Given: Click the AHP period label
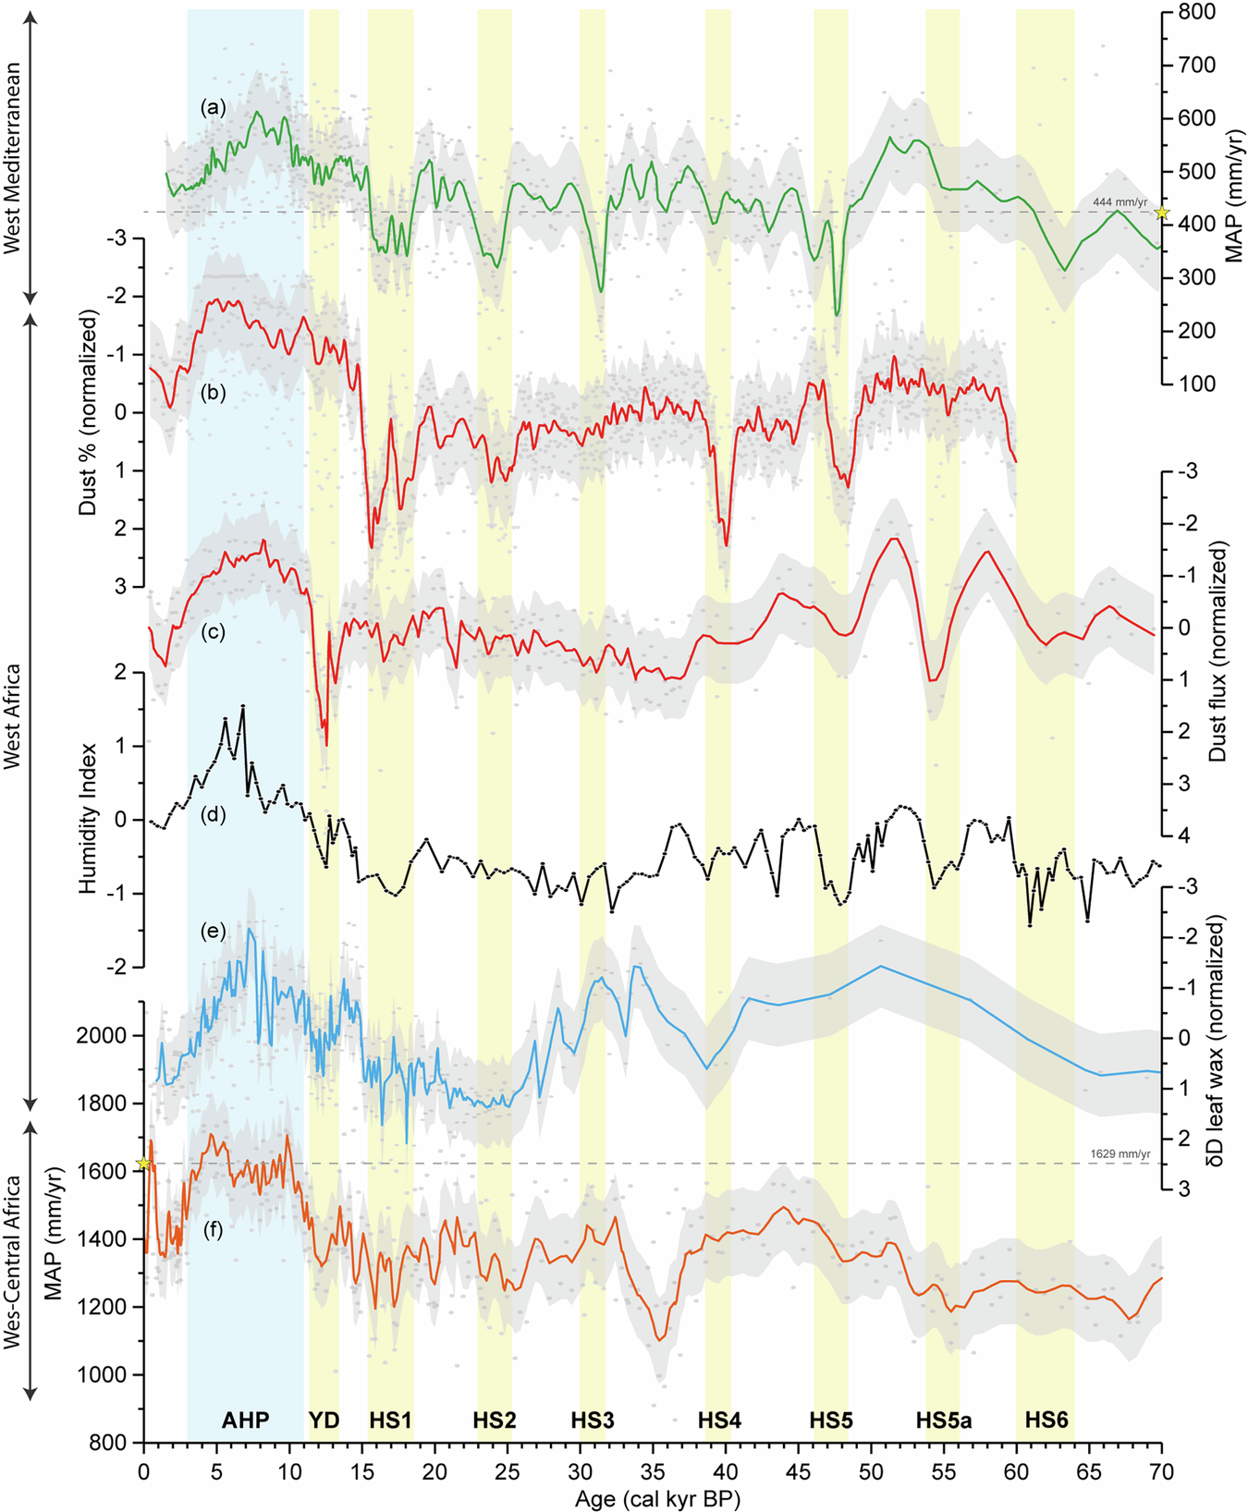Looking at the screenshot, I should click(245, 1421).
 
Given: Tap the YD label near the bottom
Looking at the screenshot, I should click(324, 1421).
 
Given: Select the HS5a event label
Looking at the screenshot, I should click(943, 1421).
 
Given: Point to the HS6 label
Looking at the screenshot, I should click(1046, 1421).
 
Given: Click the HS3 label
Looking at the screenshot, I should click(592, 1421).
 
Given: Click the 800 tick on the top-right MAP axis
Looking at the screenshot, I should click(1194, 12).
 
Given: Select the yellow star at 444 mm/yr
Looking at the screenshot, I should click(1162, 213).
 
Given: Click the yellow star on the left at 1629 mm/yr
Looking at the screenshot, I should click(143, 1164).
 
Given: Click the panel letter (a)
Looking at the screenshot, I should click(214, 107).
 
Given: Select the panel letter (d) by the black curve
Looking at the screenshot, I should click(214, 815).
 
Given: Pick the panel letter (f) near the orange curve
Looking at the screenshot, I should click(214, 1230).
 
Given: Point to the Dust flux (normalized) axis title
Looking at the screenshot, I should click(1217, 652).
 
